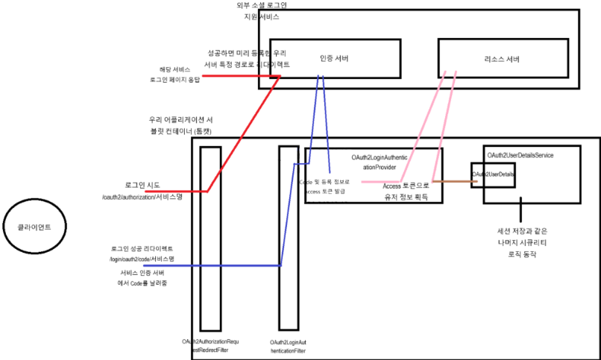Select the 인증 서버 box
(x=333, y=59)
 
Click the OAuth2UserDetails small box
(x=494, y=174)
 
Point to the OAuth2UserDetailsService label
(x=520, y=154)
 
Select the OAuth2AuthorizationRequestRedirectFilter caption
(x=210, y=344)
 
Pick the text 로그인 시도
(x=142, y=184)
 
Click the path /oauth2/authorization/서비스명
(x=142, y=197)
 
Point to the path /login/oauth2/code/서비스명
(x=142, y=258)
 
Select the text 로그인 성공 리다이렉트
(x=142, y=247)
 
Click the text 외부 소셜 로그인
(x=260, y=5)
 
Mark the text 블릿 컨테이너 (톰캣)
(x=182, y=130)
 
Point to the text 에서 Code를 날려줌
(x=142, y=283)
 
